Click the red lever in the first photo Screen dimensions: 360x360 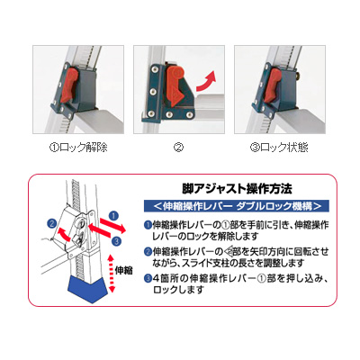pos(69,85)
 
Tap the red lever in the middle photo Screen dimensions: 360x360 pos(176,86)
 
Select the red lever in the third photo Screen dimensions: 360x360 pos(273,85)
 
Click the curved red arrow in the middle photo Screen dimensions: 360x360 pos(206,81)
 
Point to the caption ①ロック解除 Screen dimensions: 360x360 pos(78,148)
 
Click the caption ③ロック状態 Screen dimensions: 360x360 pos(279,148)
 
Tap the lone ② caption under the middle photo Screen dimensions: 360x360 pos(179,148)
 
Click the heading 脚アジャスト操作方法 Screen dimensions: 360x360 pos(237,189)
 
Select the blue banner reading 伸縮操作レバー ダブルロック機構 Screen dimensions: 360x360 pos(237,206)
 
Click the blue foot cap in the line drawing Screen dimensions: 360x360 pos(88,289)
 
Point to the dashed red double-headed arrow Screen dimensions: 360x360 pos(112,274)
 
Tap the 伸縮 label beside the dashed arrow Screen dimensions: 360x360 pos(123,271)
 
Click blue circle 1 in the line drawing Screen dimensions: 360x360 pos(113,215)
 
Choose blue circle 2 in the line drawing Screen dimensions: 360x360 pos(52,223)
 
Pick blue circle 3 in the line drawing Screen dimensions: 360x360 pos(117,241)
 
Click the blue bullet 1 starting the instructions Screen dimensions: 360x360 pos(148,225)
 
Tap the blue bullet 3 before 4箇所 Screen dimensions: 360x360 pos(148,278)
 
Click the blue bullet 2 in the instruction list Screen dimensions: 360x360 pos(148,251)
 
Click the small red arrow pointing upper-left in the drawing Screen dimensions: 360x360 pos(64,233)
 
